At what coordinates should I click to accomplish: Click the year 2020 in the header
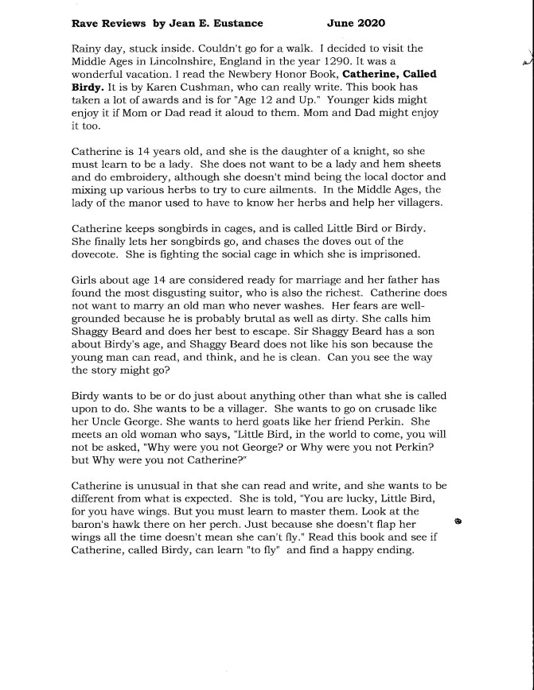[x=369, y=24]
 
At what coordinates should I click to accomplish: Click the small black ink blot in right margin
[x=458, y=521]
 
